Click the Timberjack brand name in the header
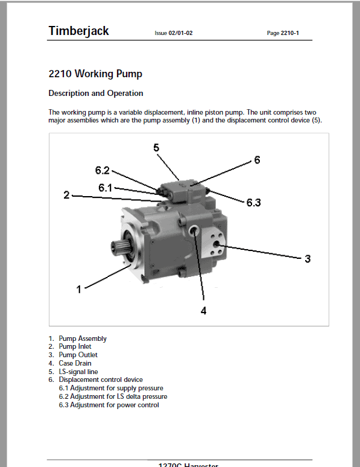78,31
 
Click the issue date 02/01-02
180,33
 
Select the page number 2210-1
289,33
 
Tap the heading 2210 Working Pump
95,74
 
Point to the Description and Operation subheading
96,94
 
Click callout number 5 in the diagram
156,148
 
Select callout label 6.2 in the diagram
103,170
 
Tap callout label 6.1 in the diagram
106,188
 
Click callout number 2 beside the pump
66,195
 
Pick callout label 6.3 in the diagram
254,203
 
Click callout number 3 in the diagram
308,259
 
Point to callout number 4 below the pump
203,311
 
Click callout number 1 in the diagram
78,290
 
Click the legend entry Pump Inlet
75,347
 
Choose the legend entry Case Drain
75,363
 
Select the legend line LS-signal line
78,372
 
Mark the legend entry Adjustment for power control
115,405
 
